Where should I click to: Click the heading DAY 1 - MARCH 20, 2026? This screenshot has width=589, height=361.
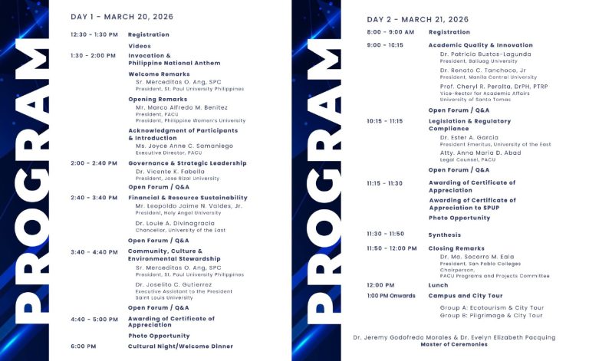tap(122, 16)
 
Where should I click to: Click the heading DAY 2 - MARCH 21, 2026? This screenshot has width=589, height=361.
tap(418, 19)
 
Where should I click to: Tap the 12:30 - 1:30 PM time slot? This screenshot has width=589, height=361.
tap(94, 34)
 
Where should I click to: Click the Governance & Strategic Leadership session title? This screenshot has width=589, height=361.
tap(187, 163)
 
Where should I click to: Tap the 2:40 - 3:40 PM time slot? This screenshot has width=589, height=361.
tap(94, 198)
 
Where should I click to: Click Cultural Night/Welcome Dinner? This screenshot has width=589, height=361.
tap(180, 346)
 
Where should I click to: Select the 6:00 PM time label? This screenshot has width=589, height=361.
tap(84, 346)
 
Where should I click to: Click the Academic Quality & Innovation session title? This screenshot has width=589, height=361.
tap(480, 45)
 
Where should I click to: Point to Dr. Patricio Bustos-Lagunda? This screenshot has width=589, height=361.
tap(486, 54)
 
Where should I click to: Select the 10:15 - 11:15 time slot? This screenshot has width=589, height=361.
tap(385, 121)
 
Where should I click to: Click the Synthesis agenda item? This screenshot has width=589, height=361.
tap(445, 235)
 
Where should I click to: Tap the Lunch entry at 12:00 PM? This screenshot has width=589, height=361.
tap(438, 285)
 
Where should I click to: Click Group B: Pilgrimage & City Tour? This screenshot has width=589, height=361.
tap(491, 316)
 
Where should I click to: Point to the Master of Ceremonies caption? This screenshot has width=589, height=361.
tap(454, 344)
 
